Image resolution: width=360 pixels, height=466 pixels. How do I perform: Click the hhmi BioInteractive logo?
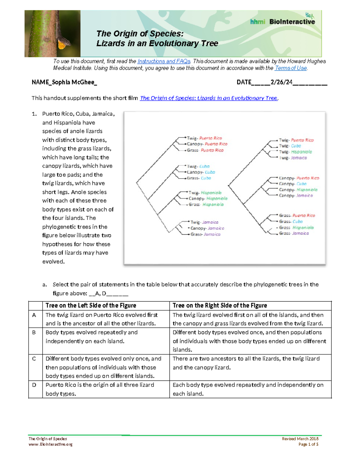282,21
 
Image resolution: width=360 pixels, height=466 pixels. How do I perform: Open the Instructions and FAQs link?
164,61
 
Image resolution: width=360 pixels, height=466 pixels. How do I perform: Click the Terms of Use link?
290,68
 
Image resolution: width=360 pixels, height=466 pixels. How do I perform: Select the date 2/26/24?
281,82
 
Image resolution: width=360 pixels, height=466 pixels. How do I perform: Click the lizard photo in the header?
52,34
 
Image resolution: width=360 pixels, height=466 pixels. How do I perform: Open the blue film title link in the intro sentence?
209,98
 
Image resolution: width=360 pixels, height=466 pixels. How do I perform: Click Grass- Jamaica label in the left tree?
205,234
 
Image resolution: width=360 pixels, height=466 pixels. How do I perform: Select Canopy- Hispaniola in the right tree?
298,190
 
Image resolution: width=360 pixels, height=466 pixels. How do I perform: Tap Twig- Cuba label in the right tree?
290,146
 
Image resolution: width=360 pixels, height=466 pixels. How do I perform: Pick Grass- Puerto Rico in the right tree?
297,215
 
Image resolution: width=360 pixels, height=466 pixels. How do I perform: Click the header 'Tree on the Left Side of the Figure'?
91,305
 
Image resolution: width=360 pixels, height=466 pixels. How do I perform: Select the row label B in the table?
34,332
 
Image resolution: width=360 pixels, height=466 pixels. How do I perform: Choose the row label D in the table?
34,385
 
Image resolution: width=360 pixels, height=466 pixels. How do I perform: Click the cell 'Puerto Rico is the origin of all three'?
100,389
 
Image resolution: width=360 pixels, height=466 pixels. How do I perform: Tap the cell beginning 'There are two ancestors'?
246,363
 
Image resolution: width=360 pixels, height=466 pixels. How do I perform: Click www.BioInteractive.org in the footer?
50,444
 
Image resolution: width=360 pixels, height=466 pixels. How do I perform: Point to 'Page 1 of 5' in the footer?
308,444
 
